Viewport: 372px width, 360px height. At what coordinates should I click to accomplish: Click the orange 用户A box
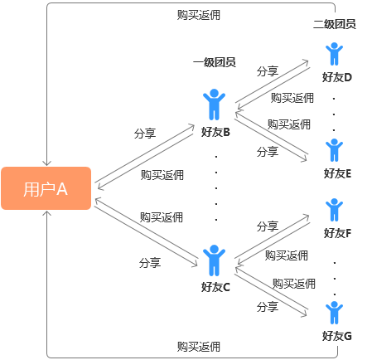click(x=46, y=188)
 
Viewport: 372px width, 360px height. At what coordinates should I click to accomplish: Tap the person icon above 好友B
click(x=215, y=105)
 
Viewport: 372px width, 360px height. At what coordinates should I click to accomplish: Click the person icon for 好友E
click(x=334, y=150)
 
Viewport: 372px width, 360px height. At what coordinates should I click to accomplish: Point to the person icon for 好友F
click(x=334, y=210)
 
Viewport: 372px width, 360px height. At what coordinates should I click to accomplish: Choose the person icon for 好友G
click(x=334, y=313)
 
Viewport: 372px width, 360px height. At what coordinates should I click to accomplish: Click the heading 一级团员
click(x=215, y=63)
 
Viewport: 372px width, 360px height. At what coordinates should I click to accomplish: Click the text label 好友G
click(x=337, y=336)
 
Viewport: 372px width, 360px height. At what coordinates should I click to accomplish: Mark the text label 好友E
click(x=337, y=173)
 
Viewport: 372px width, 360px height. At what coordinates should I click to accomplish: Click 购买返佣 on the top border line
click(x=199, y=15)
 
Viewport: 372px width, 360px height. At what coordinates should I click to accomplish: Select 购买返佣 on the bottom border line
click(x=199, y=346)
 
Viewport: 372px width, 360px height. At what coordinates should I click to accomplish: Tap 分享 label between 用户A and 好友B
click(x=144, y=133)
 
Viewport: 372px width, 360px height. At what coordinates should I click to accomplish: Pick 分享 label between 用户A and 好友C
click(x=150, y=263)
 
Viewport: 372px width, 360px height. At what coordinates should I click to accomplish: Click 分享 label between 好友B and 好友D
click(x=267, y=71)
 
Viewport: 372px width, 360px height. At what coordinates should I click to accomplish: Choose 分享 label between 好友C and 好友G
click(x=267, y=307)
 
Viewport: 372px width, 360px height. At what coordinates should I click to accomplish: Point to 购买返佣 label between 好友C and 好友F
click(x=286, y=255)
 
